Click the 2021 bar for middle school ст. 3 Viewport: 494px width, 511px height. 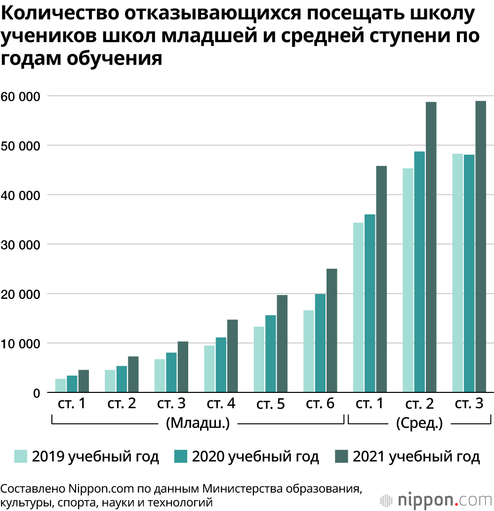(481, 247)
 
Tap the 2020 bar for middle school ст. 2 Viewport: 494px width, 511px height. (419, 272)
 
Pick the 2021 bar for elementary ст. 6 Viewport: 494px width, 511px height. (331, 331)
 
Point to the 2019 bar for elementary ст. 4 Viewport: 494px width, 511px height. (209, 369)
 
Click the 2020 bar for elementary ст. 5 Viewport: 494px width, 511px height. (271, 354)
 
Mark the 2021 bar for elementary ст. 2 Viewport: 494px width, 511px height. (133, 374)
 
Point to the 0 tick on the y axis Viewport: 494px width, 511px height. (37, 393)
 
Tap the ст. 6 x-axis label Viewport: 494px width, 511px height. (320, 404)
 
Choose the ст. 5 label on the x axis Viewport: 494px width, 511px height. (270, 404)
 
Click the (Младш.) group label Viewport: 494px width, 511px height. (198, 424)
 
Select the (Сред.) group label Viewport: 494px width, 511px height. (419, 424)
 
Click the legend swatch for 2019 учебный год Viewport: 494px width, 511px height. (21, 456)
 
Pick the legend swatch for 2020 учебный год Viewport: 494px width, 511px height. (181, 456)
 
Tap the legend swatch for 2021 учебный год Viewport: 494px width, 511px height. (341, 456)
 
